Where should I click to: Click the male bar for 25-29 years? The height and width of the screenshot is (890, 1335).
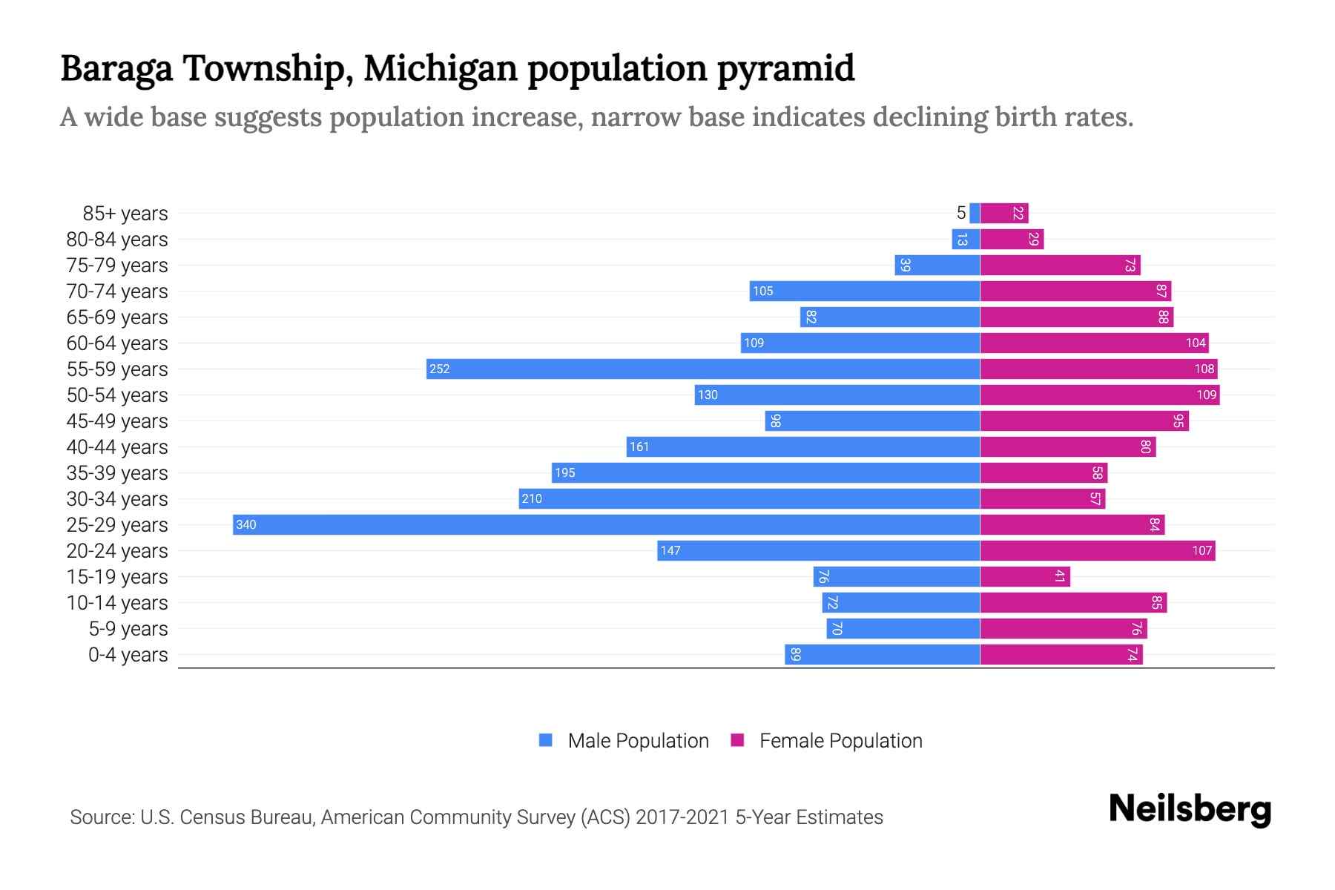click(x=607, y=524)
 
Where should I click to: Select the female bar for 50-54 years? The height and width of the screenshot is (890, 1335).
click(x=1100, y=395)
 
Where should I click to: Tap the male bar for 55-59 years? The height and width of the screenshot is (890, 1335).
click(x=703, y=369)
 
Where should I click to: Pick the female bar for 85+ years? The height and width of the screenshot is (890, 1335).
click(x=1004, y=213)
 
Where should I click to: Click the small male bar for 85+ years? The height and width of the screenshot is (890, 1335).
click(x=975, y=213)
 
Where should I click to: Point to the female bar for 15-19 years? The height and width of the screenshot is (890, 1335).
click(x=1025, y=576)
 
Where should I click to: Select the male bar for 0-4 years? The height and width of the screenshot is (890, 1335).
click(x=883, y=654)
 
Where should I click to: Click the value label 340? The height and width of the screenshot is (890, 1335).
click(x=246, y=525)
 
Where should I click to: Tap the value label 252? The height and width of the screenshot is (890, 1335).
click(x=440, y=369)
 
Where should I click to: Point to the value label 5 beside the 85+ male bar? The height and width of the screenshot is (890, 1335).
click(x=961, y=214)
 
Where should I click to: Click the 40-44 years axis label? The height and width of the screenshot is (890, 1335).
click(x=117, y=447)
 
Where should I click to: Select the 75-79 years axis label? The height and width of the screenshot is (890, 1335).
click(x=117, y=266)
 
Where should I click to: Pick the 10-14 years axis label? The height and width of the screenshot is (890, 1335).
click(x=117, y=603)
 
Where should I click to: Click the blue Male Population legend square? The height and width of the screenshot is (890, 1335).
click(x=546, y=740)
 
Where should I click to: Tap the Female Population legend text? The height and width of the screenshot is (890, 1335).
click(x=840, y=741)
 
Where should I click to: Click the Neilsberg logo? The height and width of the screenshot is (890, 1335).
click(x=1190, y=809)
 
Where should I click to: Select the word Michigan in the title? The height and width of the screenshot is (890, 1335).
click(x=440, y=68)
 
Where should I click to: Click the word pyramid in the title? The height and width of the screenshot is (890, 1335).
click(x=785, y=68)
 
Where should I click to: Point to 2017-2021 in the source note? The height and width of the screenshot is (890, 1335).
click(x=682, y=817)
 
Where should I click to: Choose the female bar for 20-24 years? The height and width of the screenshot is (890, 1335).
click(x=1098, y=550)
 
